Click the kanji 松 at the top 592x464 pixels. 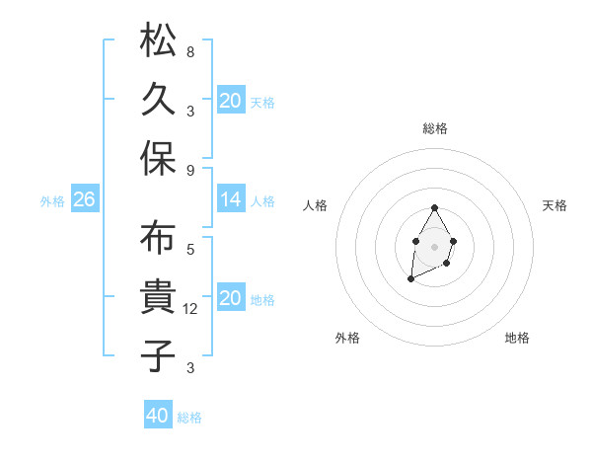[x=158, y=41]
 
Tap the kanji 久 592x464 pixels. [x=158, y=99]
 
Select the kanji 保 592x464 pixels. [x=158, y=157]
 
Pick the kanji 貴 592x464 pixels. [x=158, y=296]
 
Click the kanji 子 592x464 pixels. [x=158, y=354]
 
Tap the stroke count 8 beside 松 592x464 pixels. [x=190, y=51]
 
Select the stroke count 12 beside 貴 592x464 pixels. [x=192, y=309]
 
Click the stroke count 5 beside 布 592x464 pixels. [x=190, y=250]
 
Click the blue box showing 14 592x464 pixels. [x=231, y=200]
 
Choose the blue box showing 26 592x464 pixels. [x=84, y=200]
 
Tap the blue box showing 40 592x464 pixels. [x=158, y=417]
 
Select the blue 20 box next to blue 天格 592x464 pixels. [x=231, y=101]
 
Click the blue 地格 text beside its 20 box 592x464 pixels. [x=262, y=300]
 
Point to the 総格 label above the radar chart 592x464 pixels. [x=435, y=128]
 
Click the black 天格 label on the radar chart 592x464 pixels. [x=555, y=205]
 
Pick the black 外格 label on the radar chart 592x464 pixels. [x=347, y=338]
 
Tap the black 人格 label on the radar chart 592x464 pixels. [x=316, y=205]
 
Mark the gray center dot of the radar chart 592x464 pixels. [x=434, y=245]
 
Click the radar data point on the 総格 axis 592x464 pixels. [x=434, y=207]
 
